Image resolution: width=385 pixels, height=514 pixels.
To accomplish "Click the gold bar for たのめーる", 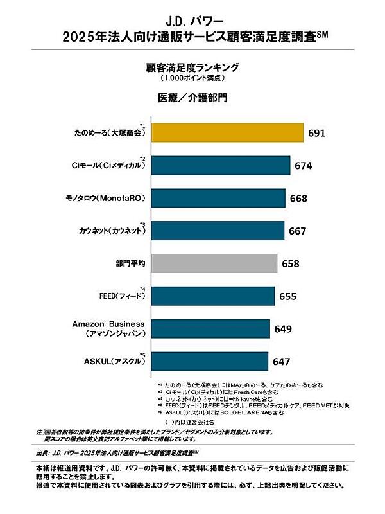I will (x=226, y=133).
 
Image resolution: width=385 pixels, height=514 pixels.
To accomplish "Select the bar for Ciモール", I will (x=219, y=166).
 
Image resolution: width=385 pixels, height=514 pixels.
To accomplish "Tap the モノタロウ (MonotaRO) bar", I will (x=218, y=198).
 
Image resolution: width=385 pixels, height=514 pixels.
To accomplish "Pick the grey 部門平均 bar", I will (x=214, y=263).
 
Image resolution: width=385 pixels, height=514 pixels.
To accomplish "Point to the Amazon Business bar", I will (x=209, y=328).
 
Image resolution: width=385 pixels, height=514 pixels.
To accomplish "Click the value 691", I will (x=318, y=134).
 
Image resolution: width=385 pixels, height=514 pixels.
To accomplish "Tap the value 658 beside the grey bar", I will (x=291, y=263).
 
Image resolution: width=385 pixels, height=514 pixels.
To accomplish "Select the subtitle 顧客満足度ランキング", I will (x=193, y=67).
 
